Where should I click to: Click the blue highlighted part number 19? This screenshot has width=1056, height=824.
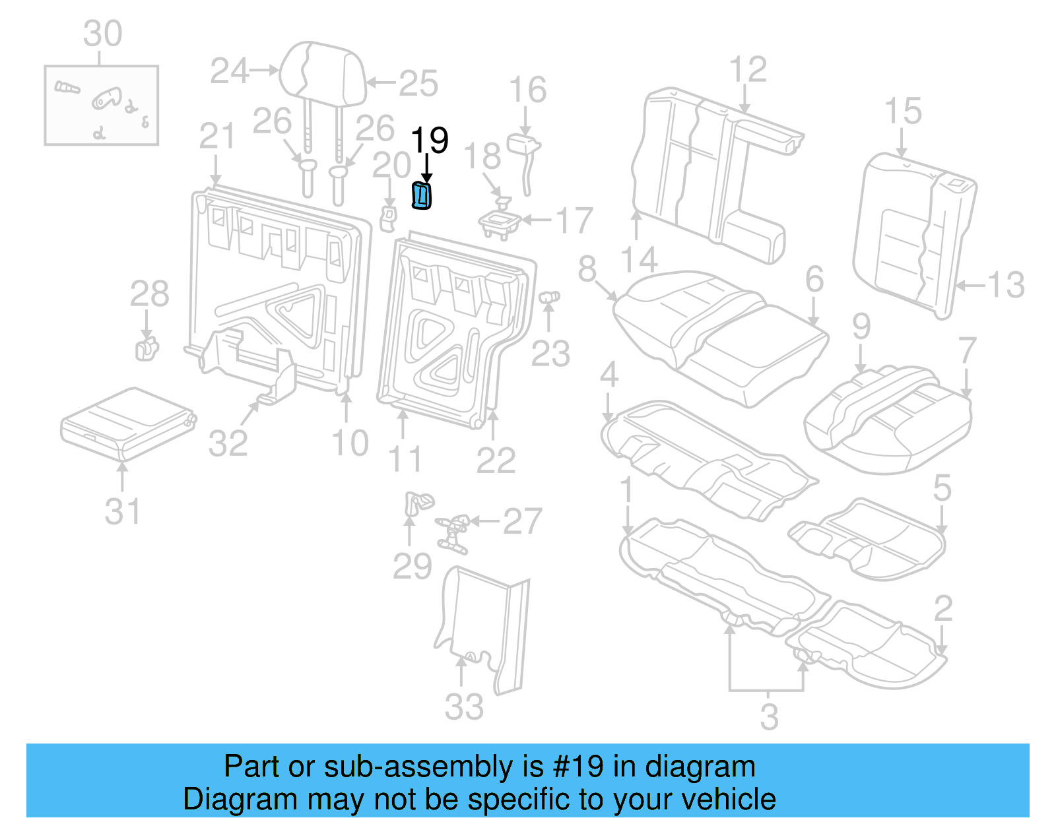421,196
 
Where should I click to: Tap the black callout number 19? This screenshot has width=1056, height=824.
429,140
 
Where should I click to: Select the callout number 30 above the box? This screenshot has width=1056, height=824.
102,33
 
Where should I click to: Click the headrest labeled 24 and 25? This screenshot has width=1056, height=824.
322,74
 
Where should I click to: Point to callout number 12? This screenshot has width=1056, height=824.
748,69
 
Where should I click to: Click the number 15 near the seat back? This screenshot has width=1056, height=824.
902,111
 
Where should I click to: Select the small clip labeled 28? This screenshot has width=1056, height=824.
147,349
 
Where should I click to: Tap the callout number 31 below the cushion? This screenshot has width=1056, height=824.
122,511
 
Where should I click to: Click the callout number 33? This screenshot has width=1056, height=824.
464,707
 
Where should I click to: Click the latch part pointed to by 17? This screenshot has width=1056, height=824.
500,222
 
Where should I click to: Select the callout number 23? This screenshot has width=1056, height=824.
550,354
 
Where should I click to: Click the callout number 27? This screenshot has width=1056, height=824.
522,521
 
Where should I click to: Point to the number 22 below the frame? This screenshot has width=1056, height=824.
496,460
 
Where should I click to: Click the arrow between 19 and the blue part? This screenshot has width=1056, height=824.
428,168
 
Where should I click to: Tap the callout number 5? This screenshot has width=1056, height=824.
942,488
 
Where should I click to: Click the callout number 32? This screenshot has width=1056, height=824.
228,443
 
